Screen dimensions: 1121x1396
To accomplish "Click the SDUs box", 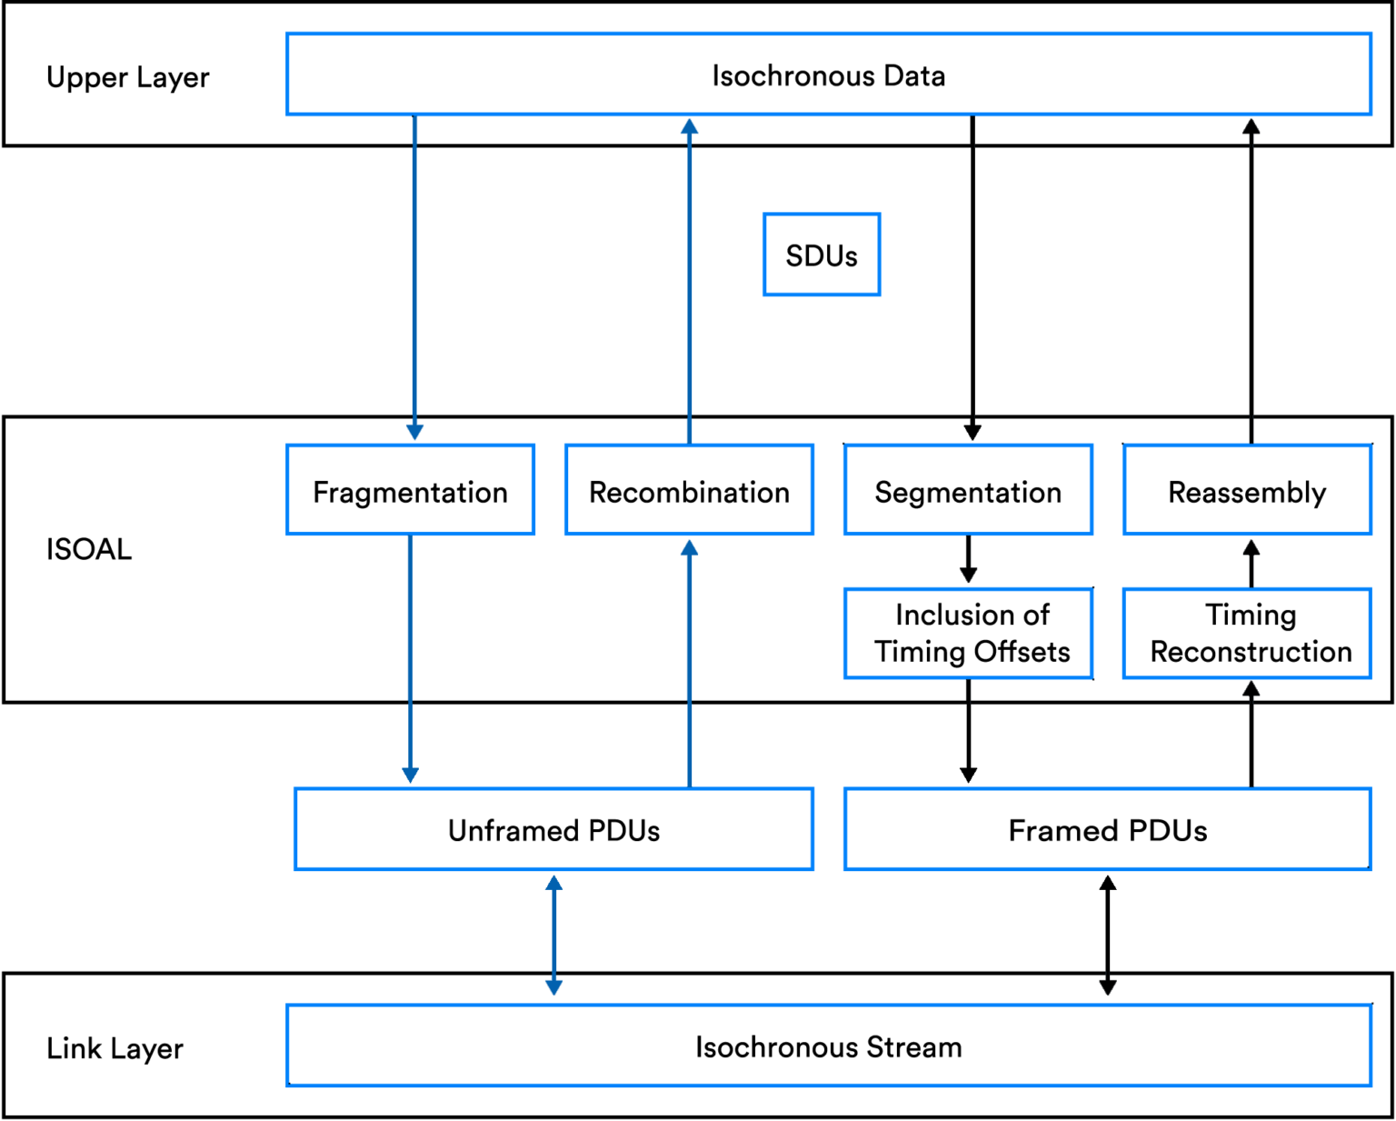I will pos(822,255).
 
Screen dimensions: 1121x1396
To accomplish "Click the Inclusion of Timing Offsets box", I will pos(969,633).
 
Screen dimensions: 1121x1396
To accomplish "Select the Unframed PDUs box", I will pos(553,829).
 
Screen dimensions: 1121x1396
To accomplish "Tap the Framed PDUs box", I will pos(1107,829).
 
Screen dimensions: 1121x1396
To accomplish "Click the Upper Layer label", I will pos(128,77).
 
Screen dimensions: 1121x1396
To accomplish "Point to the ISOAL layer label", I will pos(89,549).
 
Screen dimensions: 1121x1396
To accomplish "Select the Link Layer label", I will pos(115,1048).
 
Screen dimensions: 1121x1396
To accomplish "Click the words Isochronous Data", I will pos(828,75).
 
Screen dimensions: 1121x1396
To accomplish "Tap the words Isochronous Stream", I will pos(828,1046).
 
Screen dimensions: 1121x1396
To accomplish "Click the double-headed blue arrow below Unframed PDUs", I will pos(553,935).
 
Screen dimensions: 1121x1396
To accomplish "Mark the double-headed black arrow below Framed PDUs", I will pos(1107,935).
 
